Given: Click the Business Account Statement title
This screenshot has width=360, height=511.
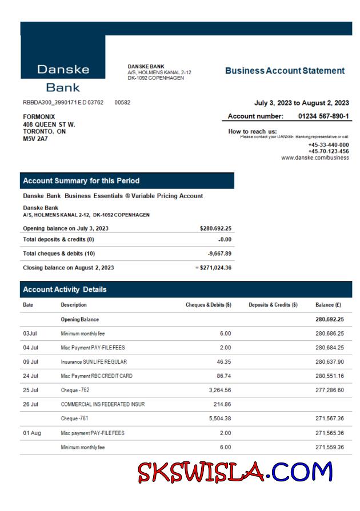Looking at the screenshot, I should pyautogui.click(x=285, y=71).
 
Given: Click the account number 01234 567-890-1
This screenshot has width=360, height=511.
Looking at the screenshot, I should pyautogui.click(x=323, y=116).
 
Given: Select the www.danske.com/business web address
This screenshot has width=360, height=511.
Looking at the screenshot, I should pyautogui.click(x=315, y=158).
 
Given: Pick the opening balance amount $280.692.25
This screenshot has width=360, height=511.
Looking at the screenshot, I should pyautogui.click(x=215, y=228).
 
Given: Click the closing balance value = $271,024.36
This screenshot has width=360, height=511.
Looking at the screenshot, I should pyautogui.click(x=213, y=267).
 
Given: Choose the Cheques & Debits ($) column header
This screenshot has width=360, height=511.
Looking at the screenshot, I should pyautogui.click(x=209, y=305).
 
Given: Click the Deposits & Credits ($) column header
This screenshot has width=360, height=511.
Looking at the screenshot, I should pyautogui.click(x=273, y=305).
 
